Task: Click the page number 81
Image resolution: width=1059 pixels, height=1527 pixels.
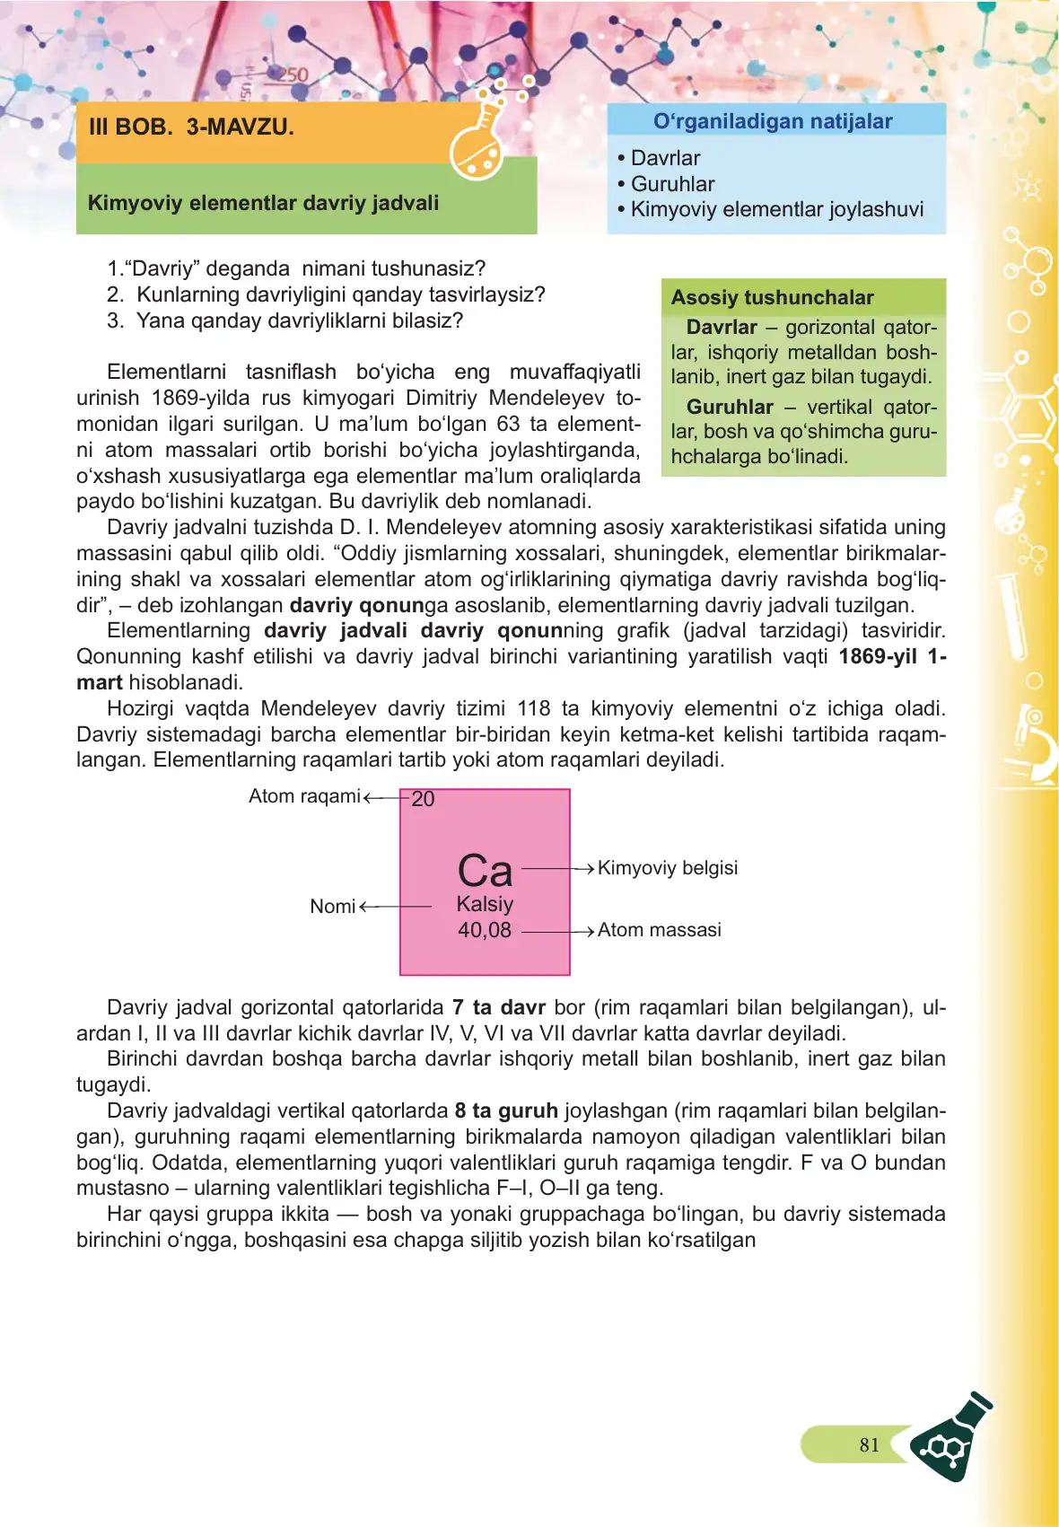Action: pos(869,1444)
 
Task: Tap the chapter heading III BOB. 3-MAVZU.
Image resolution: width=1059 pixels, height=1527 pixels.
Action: pos(191,127)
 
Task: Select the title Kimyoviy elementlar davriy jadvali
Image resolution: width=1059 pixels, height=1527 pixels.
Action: pos(263,203)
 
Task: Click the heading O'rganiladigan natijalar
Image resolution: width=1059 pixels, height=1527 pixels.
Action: pos(773,121)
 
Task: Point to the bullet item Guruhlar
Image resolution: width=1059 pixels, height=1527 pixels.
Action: pos(672,184)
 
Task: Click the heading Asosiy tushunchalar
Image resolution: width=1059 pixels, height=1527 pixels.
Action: pos(772,297)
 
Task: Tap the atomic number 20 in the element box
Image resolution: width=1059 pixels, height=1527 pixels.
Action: pos(423,799)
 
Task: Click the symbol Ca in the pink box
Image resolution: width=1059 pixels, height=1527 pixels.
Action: pos(485,871)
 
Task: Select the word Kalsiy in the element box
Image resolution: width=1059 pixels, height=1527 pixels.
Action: pos(485,904)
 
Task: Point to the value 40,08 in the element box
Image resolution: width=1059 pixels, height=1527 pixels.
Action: pos(485,930)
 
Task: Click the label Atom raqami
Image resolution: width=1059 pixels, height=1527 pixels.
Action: pos(304,796)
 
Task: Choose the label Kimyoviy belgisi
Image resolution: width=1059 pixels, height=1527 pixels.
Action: pos(668,868)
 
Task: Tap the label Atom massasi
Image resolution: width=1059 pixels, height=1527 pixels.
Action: pos(660,930)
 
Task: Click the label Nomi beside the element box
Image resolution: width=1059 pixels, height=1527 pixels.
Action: pos(333,907)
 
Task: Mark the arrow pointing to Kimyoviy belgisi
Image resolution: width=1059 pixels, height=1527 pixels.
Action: pos(558,869)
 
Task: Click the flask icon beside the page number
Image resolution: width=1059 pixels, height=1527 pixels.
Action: pos(952,1437)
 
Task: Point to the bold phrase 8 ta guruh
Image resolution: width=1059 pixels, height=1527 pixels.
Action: pos(506,1110)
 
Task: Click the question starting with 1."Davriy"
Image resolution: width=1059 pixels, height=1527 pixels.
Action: pos(296,268)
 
